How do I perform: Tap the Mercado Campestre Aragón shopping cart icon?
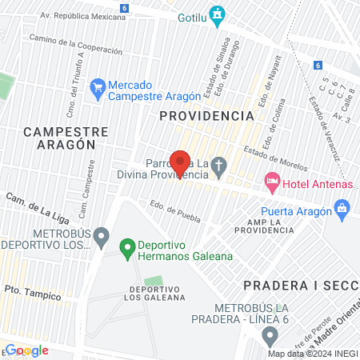[98, 86]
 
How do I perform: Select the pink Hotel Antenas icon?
[272, 182]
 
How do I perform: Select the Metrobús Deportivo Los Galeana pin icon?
[101, 236]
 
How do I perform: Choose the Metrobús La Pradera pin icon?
[271, 334]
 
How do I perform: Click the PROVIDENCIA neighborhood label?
[206, 116]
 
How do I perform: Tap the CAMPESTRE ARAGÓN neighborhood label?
[59, 137]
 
